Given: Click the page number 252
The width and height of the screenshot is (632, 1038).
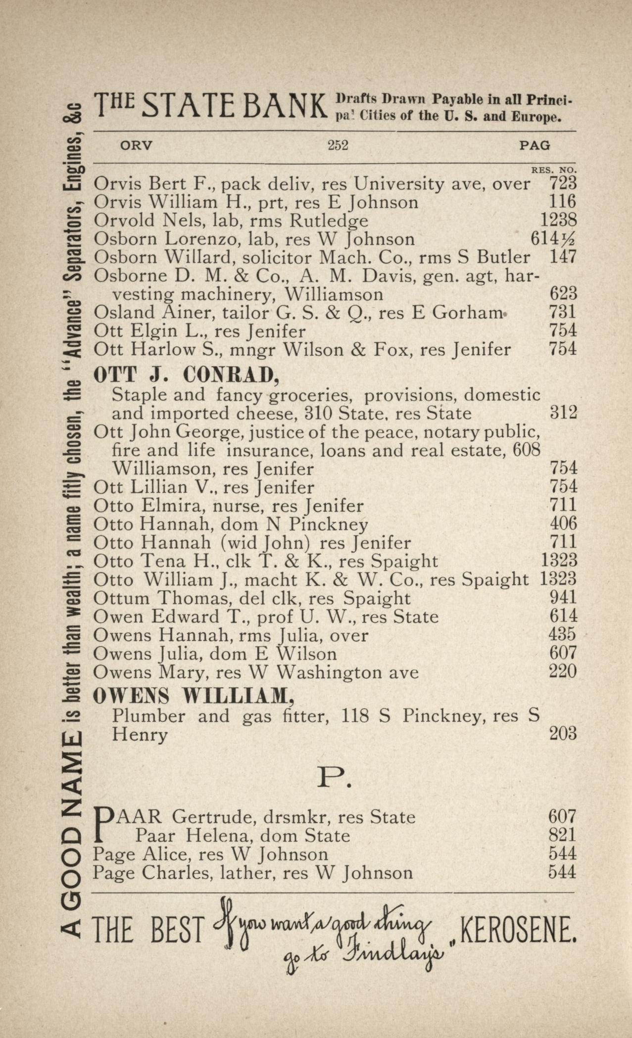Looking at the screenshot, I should [338, 145].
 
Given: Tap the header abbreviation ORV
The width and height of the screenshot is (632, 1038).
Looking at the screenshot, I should [136, 145].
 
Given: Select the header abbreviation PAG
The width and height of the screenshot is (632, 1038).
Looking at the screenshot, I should [535, 145].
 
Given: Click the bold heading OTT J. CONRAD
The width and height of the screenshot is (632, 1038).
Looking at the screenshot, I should [187, 376].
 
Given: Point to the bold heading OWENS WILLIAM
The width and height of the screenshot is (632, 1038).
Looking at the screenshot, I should [194, 697].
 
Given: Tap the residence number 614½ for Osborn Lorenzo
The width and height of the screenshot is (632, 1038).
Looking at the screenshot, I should [553, 239].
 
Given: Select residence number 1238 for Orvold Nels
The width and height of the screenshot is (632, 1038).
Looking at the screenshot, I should [558, 221].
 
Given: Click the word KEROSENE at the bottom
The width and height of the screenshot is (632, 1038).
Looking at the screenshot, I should [518, 932].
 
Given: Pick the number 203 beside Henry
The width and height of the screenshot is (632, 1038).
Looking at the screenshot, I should [563, 734].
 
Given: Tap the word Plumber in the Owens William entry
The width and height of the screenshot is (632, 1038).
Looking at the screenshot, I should [148, 716].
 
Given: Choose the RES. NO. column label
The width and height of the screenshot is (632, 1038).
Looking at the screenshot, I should [554, 170].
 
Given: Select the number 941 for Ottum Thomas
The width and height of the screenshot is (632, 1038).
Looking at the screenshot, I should [563, 598].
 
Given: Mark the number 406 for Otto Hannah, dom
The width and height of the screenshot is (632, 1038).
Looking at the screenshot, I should [563, 524].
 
